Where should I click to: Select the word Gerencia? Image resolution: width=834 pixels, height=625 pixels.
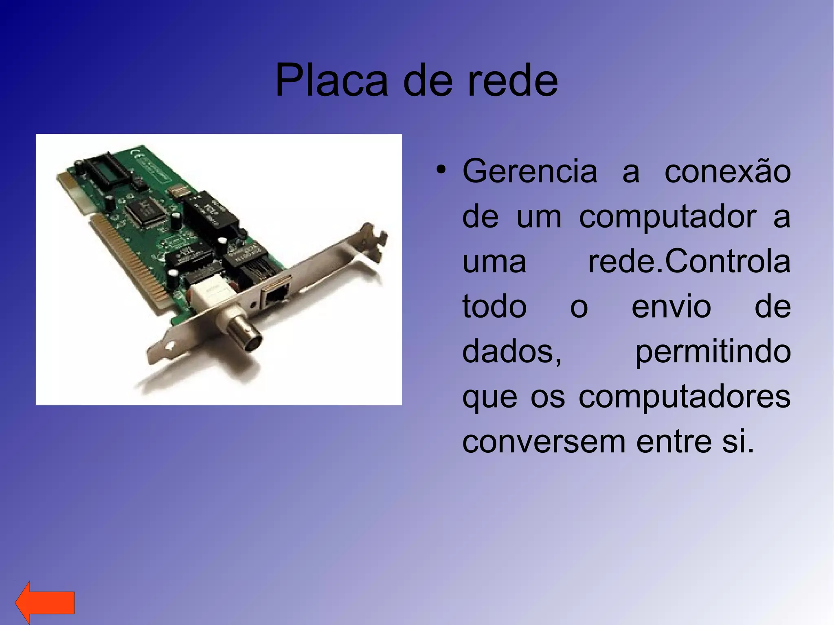pyautogui.click(x=529, y=171)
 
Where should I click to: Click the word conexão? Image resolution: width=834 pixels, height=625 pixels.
pyautogui.click(x=727, y=171)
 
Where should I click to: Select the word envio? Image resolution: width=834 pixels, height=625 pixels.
pyautogui.click(x=671, y=306)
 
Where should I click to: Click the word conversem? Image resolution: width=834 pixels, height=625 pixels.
pyautogui.click(x=543, y=441)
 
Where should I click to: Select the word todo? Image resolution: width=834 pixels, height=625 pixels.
pyautogui.click(x=494, y=306)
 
